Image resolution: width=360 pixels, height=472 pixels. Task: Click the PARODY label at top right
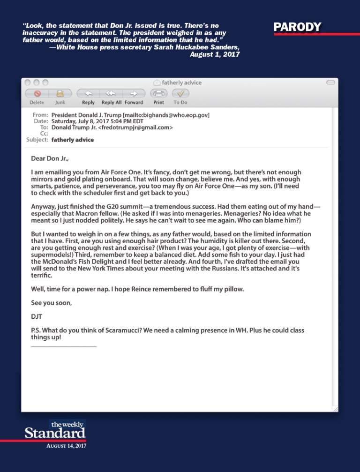coord(298,27)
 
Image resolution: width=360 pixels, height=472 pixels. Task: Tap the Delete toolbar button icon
coord(37,93)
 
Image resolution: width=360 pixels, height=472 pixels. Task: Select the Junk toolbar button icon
coord(60,93)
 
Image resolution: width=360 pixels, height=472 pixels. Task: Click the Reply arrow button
coord(88,93)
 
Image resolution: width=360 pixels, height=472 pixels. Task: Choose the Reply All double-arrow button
coord(111,93)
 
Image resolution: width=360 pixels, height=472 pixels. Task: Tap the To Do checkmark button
coord(180,93)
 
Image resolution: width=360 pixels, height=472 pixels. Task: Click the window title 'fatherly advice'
coord(181,83)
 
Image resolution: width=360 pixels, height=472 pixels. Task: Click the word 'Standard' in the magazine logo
coord(55,433)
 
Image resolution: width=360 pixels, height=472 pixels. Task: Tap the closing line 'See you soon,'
coord(52,303)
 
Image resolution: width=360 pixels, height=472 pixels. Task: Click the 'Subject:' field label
coord(37,140)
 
